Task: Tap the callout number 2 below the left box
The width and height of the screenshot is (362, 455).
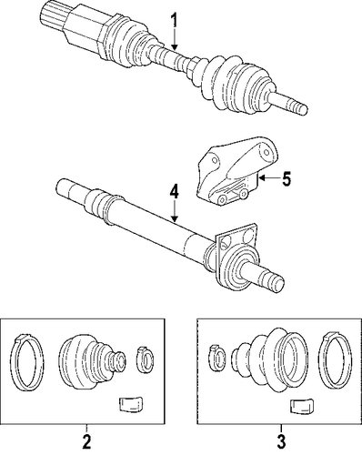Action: [86, 441]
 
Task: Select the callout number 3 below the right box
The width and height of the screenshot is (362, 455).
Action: [281, 442]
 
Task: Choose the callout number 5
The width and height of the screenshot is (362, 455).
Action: [286, 178]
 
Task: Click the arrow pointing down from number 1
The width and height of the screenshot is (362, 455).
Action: [174, 40]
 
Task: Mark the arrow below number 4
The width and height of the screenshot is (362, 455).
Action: [174, 212]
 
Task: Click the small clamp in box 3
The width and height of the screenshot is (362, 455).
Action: [217, 359]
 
